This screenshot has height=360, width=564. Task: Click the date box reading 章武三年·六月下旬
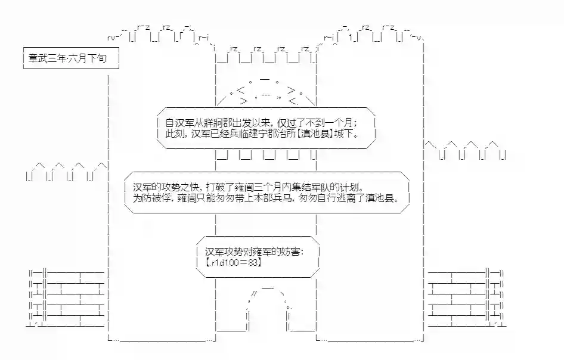point(71,58)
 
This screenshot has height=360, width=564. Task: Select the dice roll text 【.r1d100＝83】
point(234,262)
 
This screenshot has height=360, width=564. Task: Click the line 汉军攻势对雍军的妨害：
point(255,252)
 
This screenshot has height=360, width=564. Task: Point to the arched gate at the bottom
point(268,309)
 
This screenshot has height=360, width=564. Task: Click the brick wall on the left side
point(67,298)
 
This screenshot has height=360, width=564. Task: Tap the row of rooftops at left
point(67,172)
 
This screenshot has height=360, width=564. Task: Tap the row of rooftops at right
point(466,150)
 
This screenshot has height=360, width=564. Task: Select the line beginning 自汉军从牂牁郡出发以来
point(262,123)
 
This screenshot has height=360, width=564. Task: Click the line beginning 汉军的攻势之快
point(249,187)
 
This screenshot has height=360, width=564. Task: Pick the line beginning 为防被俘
point(266,198)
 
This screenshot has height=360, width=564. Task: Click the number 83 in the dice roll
point(253,262)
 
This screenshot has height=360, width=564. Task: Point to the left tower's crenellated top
point(158,33)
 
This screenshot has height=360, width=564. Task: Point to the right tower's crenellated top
point(374,33)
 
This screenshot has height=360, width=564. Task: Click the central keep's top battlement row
point(266,55)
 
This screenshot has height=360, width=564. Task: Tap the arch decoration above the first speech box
point(266,91)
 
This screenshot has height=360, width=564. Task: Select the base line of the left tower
point(162,339)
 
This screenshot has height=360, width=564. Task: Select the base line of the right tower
point(370,339)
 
